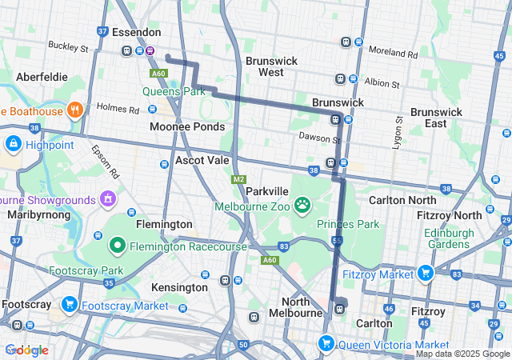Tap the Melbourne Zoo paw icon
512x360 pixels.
click(302, 206)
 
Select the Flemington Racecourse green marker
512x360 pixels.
click(118, 245)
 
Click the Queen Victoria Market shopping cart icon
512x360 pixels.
click(326, 344)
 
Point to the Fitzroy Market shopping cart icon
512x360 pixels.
click(424, 274)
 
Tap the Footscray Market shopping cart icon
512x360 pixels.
click(69, 305)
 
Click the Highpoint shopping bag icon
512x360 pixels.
click(13, 145)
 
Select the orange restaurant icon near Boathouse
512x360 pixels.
click(75, 110)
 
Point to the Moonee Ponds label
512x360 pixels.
click(187, 127)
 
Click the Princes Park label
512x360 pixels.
click(348, 224)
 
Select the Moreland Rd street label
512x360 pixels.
click(394, 54)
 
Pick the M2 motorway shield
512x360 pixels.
click(238, 180)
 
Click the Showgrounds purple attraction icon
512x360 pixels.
click(107, 198)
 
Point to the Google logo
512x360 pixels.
click(26, 350)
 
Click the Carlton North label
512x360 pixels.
click(402, 199)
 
